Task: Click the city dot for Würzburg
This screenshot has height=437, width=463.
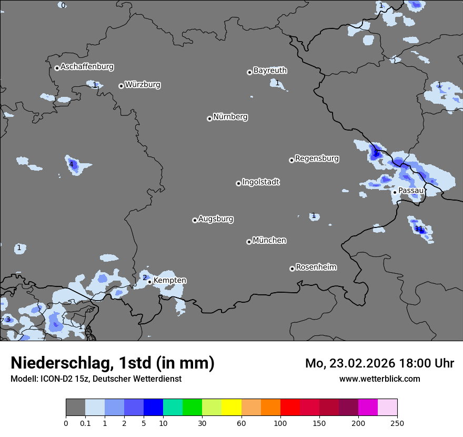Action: pyautogui.click(x=121, y=86)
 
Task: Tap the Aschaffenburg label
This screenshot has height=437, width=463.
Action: pyautogui.click(x=87, y=67)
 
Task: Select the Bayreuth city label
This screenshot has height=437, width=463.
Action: pyautogui.click(x=270, y=70)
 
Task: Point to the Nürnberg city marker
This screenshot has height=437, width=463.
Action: pyautogui.click(x=209, y=118)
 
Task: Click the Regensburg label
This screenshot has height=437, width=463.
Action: pyautogui.click(x=317, y=158)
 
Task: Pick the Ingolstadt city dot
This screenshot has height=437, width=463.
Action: pyautogui.click(x=238, y=183)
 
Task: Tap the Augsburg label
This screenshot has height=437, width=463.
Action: pyautogui.click(x=216, y=219)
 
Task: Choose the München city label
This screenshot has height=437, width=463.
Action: pyautogui.click(x=269, y=240)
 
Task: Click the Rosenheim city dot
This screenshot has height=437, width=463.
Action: pyautogui.click(x=292, y=269)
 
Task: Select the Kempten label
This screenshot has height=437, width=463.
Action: pyautogui.click(x=169, y=280)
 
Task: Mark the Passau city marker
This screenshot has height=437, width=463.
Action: pyautogui.click(x=395, y=192)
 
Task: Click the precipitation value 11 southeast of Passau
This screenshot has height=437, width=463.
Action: pyautogui.click(x=419, y=229)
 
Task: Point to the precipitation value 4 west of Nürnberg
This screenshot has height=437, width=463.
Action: pyautogui.click(x=71, y=164)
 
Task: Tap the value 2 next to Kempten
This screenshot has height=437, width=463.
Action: pyautogui.click(x=145, y=277)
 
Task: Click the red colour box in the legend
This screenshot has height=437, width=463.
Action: pyautogui.click(x=290, y=408)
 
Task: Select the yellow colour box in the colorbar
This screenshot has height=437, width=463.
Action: pyautogui.click(x=231, y=408)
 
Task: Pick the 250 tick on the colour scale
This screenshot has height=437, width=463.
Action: pyautogui.click(x=397, y=423)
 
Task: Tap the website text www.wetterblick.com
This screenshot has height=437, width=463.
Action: pyautogui.click(x=379, y=379)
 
